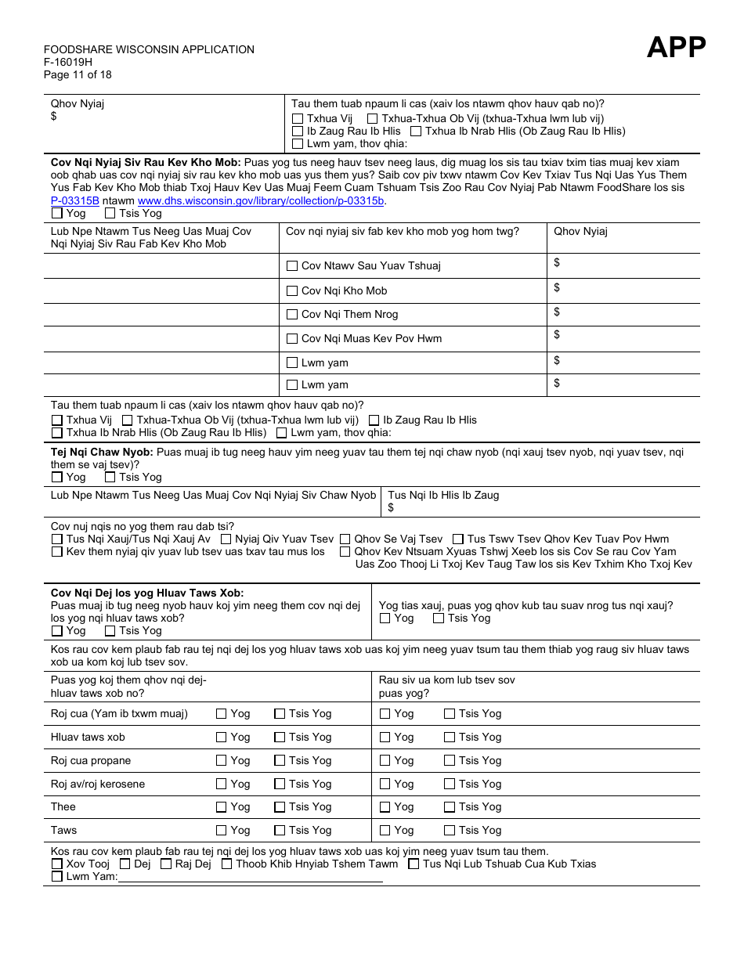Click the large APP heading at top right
[x=676, y=48]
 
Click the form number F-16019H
[x=68, y=63]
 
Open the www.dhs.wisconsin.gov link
[x=261, y=200]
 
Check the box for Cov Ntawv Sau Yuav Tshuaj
[x=292, y=266]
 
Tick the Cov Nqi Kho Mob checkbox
[x=292, y=291]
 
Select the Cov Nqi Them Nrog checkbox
[x=292, y=315]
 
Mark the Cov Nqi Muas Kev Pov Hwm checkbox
[x=292, y=339]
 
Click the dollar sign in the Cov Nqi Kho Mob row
[x=557, y=288]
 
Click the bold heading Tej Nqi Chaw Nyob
[x=102, y=452]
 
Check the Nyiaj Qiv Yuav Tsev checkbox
[x=226, y=539]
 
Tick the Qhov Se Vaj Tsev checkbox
[x=345, y=539]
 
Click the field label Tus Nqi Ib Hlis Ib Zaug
[x=443, y=495]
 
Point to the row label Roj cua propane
[x=91, y=760]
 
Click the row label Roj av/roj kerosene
[x=98, y=784]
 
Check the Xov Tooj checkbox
[x=57, y=864]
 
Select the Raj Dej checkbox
[x=166, y=864]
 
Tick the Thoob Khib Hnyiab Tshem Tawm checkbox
[x=227, y=864]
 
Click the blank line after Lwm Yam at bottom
[x=251, y=877]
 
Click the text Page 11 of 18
[x=78, y=75]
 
